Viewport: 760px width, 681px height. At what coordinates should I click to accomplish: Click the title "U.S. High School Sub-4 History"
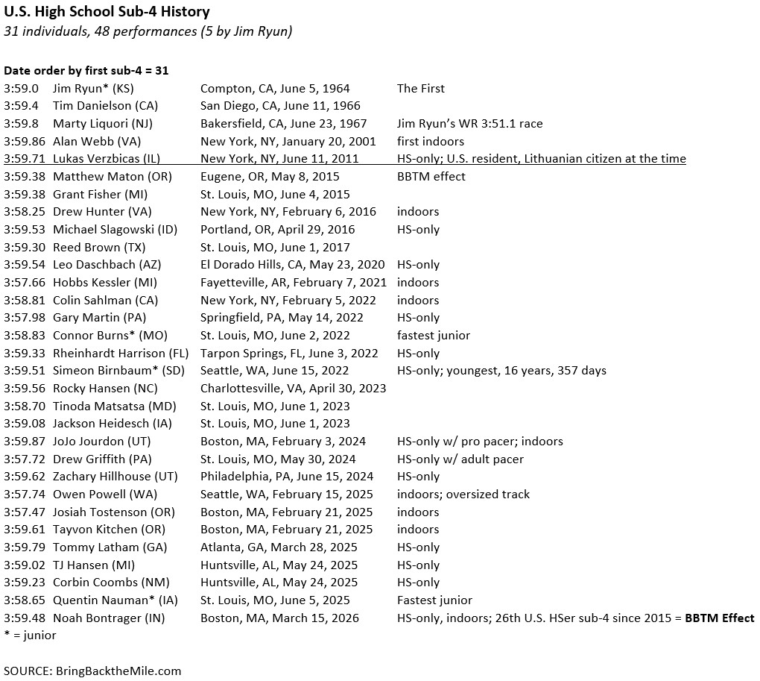107,12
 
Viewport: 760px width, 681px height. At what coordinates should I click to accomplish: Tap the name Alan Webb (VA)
97,141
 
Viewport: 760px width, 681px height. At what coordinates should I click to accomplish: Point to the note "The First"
420,88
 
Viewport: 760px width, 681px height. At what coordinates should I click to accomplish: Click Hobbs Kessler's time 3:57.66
25,282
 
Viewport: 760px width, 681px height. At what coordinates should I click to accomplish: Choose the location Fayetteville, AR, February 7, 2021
294,282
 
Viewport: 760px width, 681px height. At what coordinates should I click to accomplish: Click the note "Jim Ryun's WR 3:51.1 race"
469,123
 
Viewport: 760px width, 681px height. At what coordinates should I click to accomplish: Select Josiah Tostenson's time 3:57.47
25,512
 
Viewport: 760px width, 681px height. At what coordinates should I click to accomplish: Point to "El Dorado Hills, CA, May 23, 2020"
293,264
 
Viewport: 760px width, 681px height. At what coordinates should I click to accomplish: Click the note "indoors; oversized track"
463,494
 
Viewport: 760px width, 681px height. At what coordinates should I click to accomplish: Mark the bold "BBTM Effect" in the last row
720,618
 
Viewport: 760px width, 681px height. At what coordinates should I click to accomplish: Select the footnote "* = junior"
30,635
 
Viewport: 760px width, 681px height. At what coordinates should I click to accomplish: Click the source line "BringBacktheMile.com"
118,671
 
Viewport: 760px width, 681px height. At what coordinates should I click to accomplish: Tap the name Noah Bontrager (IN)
109,618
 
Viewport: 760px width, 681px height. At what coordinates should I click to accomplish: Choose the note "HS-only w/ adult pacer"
460,459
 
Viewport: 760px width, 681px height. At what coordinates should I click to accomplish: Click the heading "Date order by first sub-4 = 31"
86,70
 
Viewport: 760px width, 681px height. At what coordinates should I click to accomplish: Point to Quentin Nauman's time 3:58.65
25,600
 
